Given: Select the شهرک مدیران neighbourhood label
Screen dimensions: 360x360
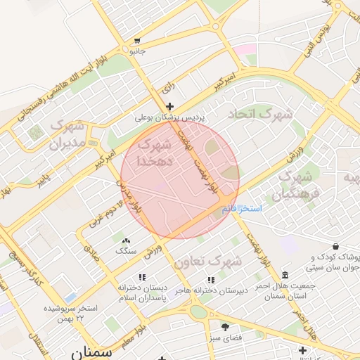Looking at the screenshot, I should (x=67, y=136).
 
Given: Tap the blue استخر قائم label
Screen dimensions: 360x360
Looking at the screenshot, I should (x=241, y=209).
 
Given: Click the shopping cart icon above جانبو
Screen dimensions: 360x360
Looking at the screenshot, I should (x=136, y=41).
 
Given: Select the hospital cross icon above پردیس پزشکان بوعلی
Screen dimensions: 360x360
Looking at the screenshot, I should (x=169, y=106).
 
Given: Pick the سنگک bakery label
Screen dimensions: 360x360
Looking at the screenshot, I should (x=126, y=250).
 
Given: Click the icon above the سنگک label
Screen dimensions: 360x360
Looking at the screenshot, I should (x=126, y=240).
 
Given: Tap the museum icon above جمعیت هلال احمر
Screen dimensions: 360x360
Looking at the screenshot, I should (x=284, y=275).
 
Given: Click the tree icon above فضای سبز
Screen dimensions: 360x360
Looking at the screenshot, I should (x=226, y=327).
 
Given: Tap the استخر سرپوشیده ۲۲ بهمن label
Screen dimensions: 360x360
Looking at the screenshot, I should (x=70, y=312).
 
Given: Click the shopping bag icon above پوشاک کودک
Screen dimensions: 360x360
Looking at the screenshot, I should (x=335, y=247).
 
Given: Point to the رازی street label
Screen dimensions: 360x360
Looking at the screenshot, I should (x=167, y=88).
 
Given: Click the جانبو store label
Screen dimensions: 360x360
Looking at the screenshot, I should (x=136, y=51).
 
